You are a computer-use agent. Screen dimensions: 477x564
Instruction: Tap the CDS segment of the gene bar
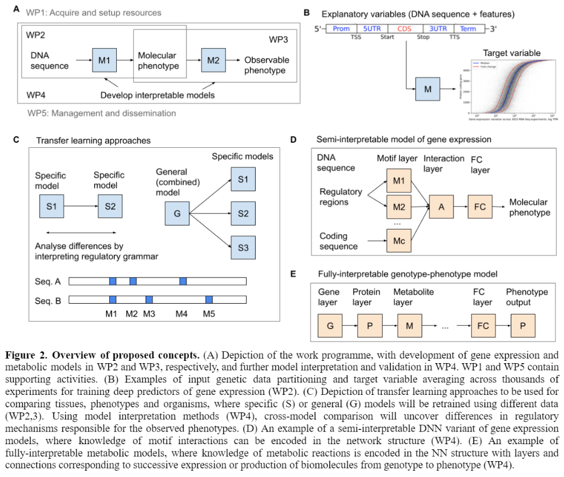pos(404,28)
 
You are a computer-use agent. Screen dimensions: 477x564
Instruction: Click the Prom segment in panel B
pos(341,28)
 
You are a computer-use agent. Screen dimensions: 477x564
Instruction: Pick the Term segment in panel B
pos(468,28)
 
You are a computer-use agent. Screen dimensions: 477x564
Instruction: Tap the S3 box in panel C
pos(243,247)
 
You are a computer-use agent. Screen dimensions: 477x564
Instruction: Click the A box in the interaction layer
pos(440,207)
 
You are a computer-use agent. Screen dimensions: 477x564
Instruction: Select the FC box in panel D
pos(480,207)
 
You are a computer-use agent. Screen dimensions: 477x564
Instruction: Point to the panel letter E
pos(293,274)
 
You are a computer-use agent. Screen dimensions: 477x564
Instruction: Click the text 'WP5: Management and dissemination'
pos(101,113)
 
